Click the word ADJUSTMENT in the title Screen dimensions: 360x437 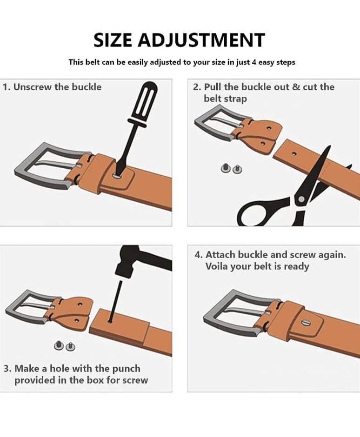[x=201, y=40]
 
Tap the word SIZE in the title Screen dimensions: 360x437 [x=113, y=40]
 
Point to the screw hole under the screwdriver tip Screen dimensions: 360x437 [x=117, y=176]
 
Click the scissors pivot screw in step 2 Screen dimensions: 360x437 [x=301, y=199]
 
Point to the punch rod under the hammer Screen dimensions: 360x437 [x=115, y=301]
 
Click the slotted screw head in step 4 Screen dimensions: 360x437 [x=306, y=323]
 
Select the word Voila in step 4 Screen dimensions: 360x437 [x=217, y=266]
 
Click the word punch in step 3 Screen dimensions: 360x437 [x=127, y=369]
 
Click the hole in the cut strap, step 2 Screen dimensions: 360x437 [x=294, y=153]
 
